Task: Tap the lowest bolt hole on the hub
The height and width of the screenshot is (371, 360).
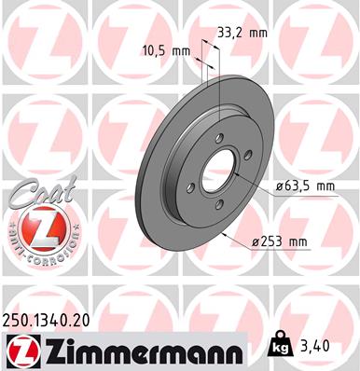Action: pyautogui.click(x=218, y=207)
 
